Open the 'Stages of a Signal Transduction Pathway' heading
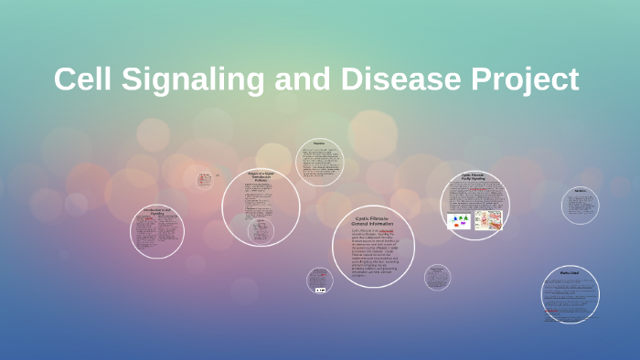coord(261,179)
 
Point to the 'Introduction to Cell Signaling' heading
coord(156,212)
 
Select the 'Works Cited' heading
coord(571,271)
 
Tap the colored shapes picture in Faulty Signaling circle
coord(458,220)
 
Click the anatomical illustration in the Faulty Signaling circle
coord(488,220)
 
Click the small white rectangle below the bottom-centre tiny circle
coord(320,290)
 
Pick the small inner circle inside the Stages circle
coord(261,229)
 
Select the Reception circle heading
coord(319,143)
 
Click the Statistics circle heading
coord(580,192)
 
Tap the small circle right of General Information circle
coord(437,277)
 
